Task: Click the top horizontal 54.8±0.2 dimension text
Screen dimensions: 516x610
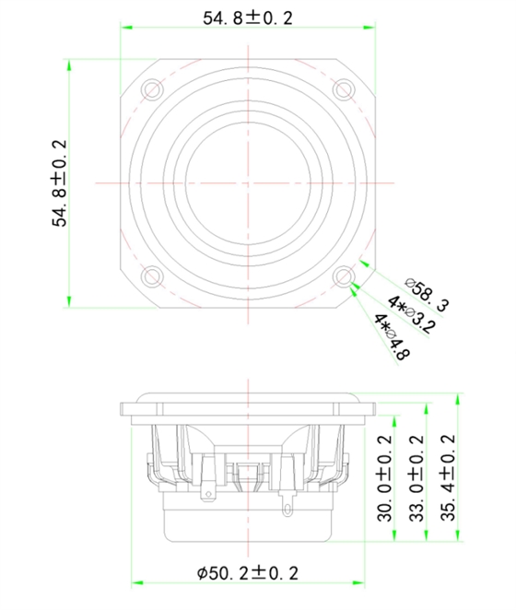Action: (x=248, y=18)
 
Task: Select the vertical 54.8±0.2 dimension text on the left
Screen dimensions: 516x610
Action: (x=60, y=183)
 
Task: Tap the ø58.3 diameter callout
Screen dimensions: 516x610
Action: (x=427, y=295)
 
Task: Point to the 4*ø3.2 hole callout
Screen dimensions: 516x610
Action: (x=411, y=314)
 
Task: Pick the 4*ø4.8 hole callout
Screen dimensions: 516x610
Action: (x=393, y=337)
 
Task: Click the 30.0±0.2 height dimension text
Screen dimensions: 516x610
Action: (x=384, y=478)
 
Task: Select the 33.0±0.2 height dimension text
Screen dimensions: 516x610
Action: (x=416, y=478)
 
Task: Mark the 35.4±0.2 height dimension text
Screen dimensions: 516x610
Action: (x=448, y=477)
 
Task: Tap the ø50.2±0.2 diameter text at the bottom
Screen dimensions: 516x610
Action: (x=248, y=573)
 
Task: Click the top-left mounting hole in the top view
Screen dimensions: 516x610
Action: (x=152, y=88)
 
